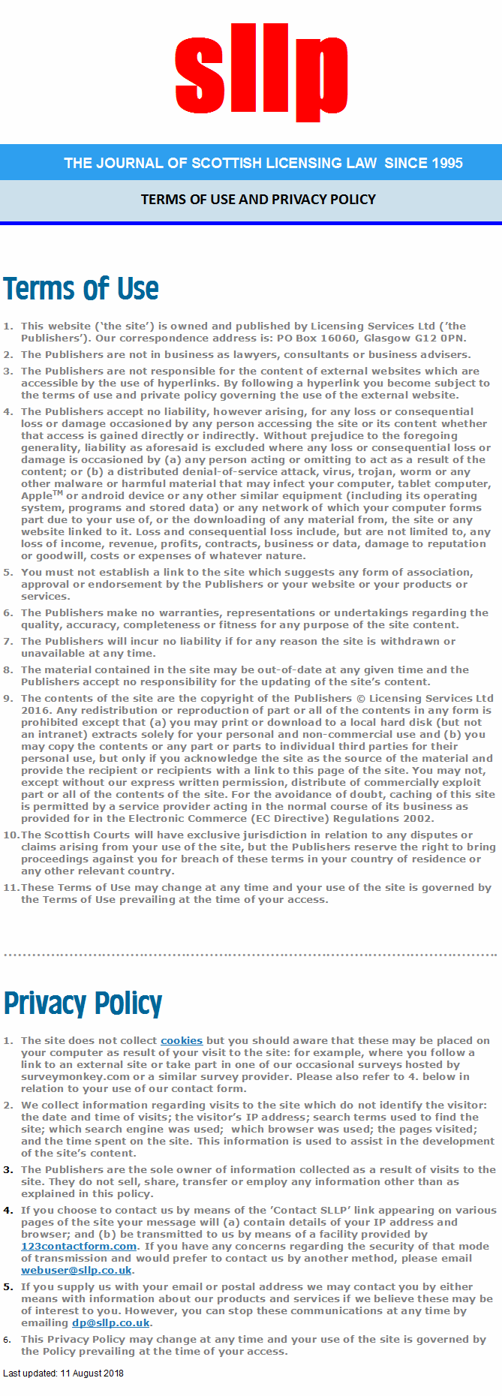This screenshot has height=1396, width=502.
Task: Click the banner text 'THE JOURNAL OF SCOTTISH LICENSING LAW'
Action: click(x=220, y=163)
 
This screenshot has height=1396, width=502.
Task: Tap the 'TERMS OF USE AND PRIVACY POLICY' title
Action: click(x=258, y=199)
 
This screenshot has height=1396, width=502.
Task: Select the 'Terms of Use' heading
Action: click(x=81, y=289)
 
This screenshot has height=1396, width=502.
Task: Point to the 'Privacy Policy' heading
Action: click(x=83, y=1003)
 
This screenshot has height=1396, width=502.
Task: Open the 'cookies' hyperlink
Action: click(x=182, y=1040)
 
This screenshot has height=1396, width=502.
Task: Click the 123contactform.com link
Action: click(x=79, y=1246)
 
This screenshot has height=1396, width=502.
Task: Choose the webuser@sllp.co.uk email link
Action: click(x=77, y=1270)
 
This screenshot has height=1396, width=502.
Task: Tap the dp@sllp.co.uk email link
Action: click(x=111, y=1322)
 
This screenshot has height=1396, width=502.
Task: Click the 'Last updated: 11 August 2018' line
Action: click(x=64, y=1373)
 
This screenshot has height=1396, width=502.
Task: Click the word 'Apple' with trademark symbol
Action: click(x=38, y=496)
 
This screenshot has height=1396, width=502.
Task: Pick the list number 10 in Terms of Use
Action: click(x=11, y=835)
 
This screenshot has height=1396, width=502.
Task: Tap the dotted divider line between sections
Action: click(x=251, y=955)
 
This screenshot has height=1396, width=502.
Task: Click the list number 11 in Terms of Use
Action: click(x=11, y=887)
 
